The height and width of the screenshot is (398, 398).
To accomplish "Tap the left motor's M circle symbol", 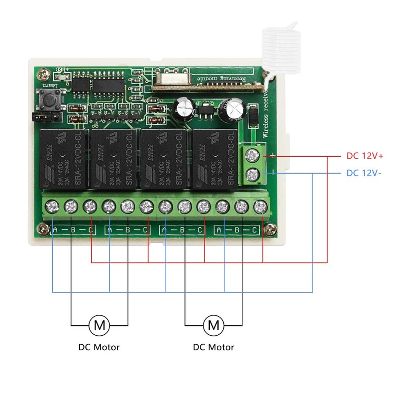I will (99, 326).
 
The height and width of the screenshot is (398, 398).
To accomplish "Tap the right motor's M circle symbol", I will (213, 326).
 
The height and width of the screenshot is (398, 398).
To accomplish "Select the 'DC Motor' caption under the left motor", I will (99, 347).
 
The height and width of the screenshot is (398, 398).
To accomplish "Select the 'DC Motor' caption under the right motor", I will (213, 347).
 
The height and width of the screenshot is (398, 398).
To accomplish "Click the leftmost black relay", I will (60, 158).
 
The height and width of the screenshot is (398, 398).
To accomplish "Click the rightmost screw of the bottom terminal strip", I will (259, 205).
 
